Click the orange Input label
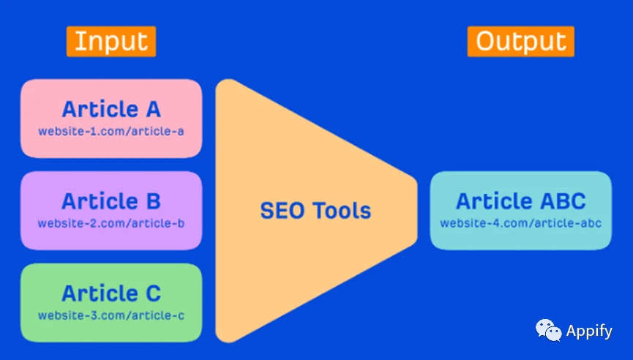pyautogui.click(x=111, y=41)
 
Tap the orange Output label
pyautogui.click(x=521, y=41)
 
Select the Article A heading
pyautogui.click(x=111, y=109)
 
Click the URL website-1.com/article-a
pyautogui.click(x=111, y=131)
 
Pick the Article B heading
pyautogui.click(x=111, y=201)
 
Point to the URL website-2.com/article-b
pyautogui.click(x=111, y=223)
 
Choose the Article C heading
pyautogui.click(x=111, y=293)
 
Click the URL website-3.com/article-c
pyautogui.click(x=111, y=315)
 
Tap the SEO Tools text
pyautogui.click(x=315, y=211)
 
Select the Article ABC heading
pyautogui.click(x=521, y=201)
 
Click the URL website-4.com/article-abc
pyautogui.click(x=521, y=223)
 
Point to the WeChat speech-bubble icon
pyautogui.click(x=548, y=330)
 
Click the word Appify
pyautogui.click(x=589, y=331)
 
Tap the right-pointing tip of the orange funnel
pyautogui.click(x=417, y=210)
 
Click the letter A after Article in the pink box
pyautogui.click(x=153, y=109)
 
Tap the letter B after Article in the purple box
pyautogui.click(x=154, y=201)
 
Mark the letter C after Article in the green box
pyautogui.click(x=154, y=293)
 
